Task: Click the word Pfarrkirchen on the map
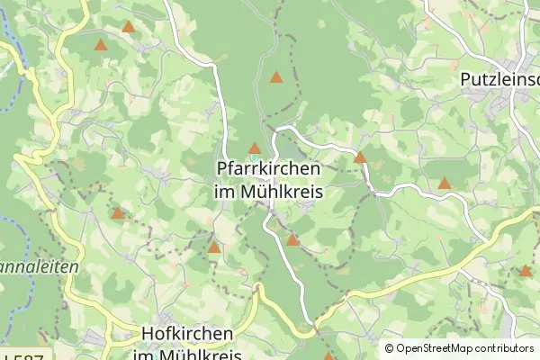point(269,169)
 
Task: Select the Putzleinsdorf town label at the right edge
point(499,80)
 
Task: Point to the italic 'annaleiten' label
point(40,267)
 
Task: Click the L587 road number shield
point(22,353)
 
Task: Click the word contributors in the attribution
point(505,348)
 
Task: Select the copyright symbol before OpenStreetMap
point(389,348)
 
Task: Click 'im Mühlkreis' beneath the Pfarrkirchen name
point(269,192)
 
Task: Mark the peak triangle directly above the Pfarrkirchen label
point(255,148)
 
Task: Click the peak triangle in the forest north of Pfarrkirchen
point(276,77)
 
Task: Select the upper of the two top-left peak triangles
point(128,28)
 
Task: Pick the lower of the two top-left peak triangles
point(101,44)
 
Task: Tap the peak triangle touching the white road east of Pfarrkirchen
point(360,157)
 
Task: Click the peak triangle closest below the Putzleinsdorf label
point(444,184)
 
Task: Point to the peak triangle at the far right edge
point(525,270)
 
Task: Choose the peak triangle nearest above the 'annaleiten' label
point(117,213)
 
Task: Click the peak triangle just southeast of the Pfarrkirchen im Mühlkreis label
point(292,240)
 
